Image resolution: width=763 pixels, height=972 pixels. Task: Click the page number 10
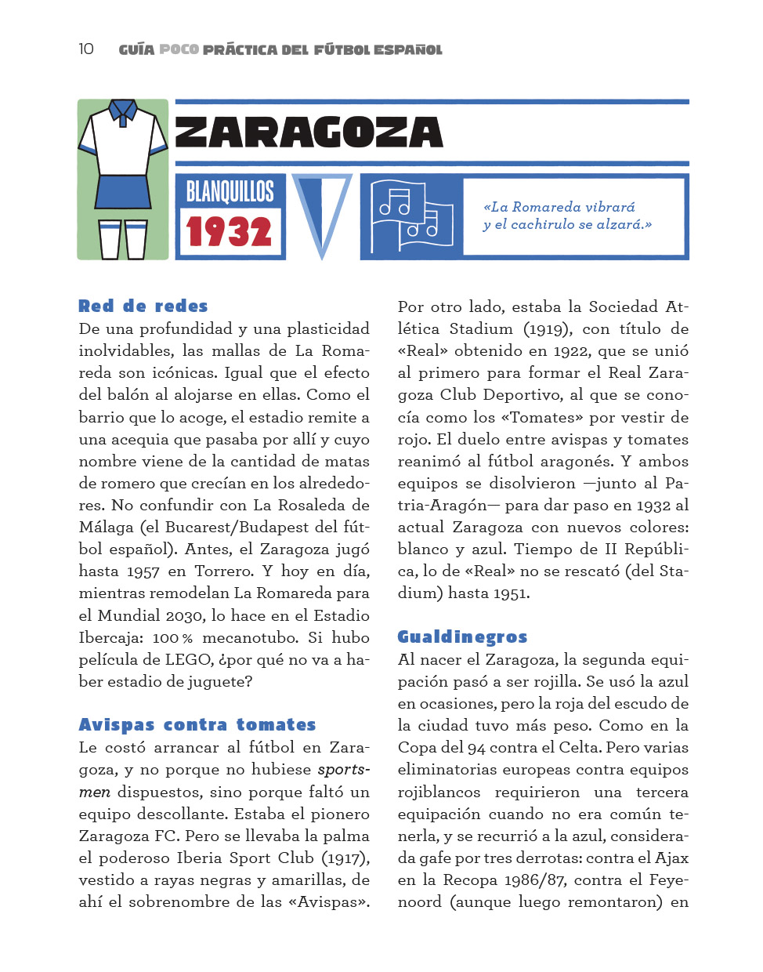(x=85, y=49)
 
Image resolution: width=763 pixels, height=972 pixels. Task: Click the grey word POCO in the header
(x=179, y=49)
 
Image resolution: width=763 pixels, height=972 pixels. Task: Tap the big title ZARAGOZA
(x=309, y=132)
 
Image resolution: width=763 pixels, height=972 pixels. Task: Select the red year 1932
(x=229, y=232)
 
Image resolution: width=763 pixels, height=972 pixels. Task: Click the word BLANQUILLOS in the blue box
(x=230, y=191)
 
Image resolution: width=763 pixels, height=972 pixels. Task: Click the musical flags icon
(x=412, y=216)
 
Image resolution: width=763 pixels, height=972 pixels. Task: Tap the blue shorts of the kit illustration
(x=122, y=191)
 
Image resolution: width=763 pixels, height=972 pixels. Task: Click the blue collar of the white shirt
(x=123, y=111)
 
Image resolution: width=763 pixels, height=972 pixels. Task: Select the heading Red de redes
(x=143, y=306)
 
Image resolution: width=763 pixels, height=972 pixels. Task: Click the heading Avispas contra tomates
(x=197, y=725)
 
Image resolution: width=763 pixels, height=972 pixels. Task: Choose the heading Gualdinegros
(x=462, y=637)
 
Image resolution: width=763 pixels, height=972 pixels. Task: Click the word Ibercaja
(x=109, y=638)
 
